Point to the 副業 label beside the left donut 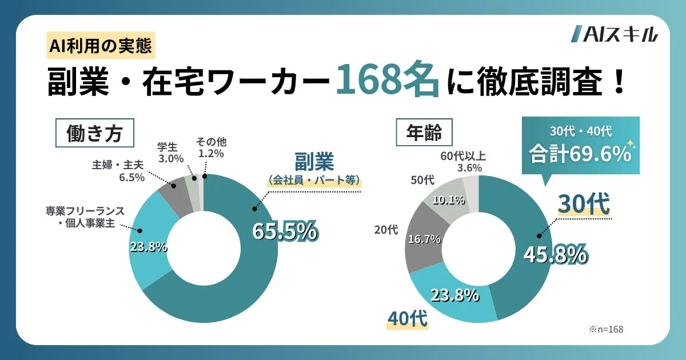(314, 162)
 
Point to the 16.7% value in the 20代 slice (424, 239)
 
